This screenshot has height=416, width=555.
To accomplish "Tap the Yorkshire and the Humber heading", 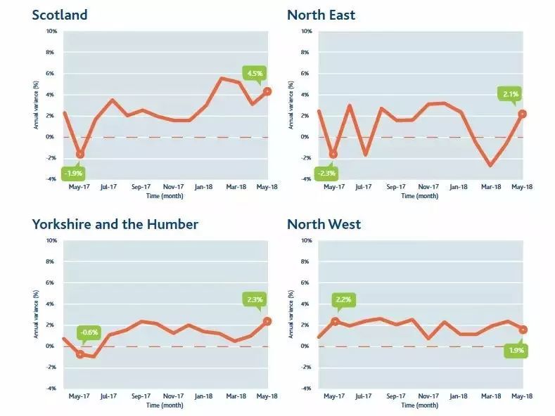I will point(115,224).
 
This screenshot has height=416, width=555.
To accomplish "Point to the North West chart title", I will point(324,224).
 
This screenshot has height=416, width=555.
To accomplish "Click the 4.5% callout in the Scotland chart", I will point(253,72).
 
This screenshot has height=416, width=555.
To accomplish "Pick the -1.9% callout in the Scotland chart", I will point(73,172).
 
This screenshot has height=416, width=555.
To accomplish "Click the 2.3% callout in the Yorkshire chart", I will point(254,299).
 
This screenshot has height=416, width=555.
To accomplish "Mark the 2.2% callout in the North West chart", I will point(343,299).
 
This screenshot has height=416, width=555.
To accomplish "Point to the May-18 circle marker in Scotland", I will point(267,91).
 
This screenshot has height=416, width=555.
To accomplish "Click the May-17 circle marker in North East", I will point(333,154).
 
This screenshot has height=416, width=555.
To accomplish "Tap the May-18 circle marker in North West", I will point(523,330).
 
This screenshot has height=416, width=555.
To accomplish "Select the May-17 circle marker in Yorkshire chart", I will point(80,354).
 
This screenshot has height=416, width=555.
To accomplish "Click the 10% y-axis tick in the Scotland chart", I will point(51,32).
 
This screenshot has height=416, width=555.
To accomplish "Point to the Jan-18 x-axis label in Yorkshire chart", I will point(203,397).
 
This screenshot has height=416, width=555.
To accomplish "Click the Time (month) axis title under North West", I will point(419,405).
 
